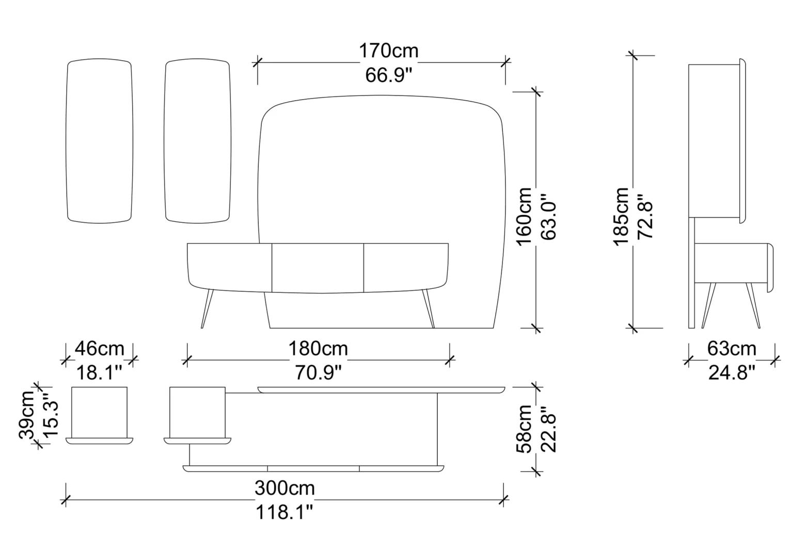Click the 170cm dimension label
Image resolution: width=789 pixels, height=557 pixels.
pos(388,51)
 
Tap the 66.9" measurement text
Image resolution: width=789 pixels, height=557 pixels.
pos(388,75)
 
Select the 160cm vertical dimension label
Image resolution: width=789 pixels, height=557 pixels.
pos(524,217)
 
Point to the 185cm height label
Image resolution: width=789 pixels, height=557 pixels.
pos(621,217)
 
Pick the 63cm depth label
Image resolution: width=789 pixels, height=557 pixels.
pos(732,349)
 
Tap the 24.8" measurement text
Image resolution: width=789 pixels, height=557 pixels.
pos(732,373)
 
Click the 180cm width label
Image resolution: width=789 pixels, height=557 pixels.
pos(318,349)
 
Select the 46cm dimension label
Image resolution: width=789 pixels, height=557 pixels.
pos(99,349)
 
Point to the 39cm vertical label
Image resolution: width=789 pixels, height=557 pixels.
pos(27,415)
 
